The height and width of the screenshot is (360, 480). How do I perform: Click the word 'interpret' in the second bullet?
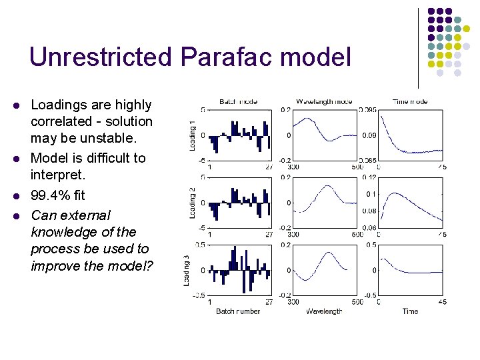(57, 175)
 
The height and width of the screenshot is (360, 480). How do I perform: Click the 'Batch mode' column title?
(238, 102)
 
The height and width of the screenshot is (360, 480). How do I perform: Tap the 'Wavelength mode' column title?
(324, 102)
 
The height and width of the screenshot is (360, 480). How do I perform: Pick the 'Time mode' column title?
(410, 102)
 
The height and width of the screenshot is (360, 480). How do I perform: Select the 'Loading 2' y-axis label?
(193, 203)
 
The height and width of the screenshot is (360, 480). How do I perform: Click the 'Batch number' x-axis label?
(238, 311)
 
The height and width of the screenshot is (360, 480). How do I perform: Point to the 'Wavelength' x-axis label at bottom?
(324, 311)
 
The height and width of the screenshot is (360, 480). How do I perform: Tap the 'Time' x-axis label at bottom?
(410, 311)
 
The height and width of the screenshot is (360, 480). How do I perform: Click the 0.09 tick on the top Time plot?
(369, 135)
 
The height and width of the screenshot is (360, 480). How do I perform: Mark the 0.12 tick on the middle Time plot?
(369, 178)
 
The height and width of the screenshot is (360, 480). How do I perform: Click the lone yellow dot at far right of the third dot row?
(467, 29)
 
